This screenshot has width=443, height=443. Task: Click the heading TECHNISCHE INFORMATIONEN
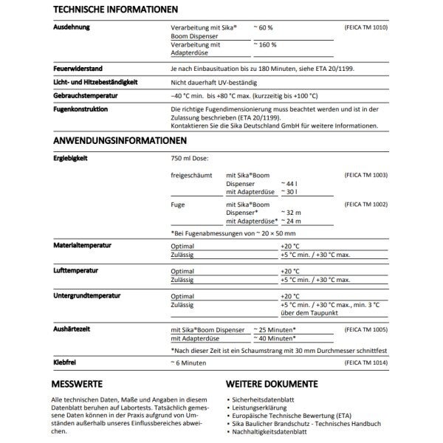(x=115, y=10)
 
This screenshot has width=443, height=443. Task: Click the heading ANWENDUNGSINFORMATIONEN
(x=120, y=140)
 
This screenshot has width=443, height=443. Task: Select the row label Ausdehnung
(x=72, y=27)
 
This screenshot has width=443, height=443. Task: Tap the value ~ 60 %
(x=264, y=27)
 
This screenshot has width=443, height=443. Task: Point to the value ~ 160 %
(x=265, y=45)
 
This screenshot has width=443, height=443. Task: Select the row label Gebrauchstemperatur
(x=86, y=95)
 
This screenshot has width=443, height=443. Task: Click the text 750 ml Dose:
(x=190, y=159)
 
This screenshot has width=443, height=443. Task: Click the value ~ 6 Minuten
(x=188, y=363)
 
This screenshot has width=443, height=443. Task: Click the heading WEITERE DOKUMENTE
(x=272, y=385)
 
